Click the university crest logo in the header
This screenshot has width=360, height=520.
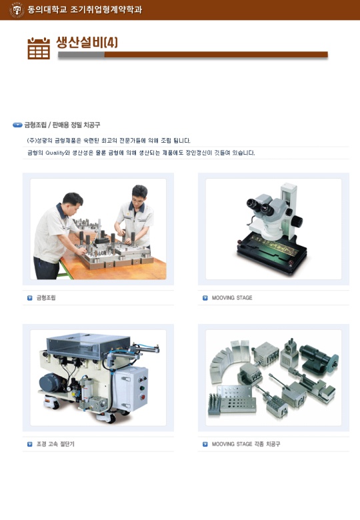(17, 9)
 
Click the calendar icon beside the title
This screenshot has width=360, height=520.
(39, 49)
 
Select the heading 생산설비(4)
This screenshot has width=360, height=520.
(87, 43)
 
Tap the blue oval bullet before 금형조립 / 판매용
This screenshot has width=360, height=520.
(17, 125)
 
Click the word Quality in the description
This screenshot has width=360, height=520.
(55, 153)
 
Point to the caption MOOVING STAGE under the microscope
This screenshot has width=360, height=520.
(232, 298)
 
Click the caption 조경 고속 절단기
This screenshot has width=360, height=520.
(55, 444)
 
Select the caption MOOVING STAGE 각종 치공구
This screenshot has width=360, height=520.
(246, 444)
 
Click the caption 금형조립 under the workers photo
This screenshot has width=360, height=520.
(46, 298)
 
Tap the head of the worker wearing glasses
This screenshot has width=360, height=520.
(139, 195)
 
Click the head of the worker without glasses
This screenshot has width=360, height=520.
(72, 203)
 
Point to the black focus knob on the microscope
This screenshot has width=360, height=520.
(297, 220)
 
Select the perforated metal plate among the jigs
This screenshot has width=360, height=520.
(236, 399)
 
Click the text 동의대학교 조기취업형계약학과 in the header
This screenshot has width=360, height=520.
(85, 9)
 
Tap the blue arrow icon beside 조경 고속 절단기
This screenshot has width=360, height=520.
(30, 444)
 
